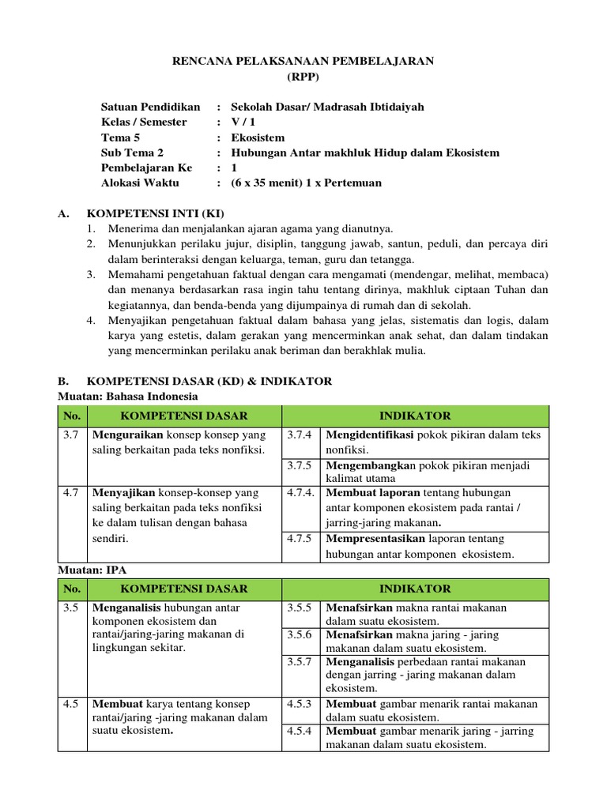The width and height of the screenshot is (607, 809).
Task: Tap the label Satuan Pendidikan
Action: pyautogui.click(x=150, y=107)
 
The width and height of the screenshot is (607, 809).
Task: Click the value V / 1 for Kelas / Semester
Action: pyautogui.click(x=243, y=122)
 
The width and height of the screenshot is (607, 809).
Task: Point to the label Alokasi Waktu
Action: pyautogui.click(x=140, y=182)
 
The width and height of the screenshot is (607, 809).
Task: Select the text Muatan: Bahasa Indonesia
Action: pyautogui.click(x=128, y=396)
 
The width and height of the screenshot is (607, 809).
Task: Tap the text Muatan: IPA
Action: pyautogui.click(x=92, y=568)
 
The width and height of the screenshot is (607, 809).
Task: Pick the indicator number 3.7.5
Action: pyautogui.click(x=300, y=465)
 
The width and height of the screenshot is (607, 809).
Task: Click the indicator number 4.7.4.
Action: pyautogui.click(x=301, y=492)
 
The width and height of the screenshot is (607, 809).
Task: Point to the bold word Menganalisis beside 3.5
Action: pyautogui.click(x=127, y=608)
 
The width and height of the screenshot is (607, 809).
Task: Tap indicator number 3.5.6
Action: pyautogui.click(x=300, y=634)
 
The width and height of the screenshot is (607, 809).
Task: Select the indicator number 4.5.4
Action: pyautogui.click(x=300, y=731)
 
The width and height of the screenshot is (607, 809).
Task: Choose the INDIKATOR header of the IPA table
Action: pyautogui.click(x=415, y=589)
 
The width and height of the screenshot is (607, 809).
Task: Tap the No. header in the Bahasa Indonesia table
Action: pyautogui.click(x=72, y=416)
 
